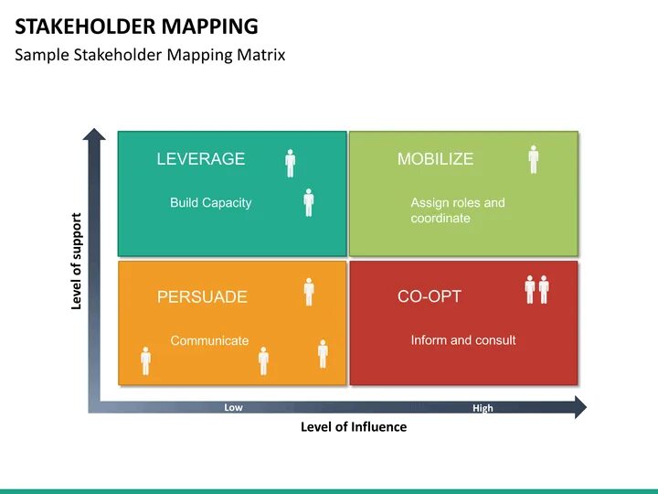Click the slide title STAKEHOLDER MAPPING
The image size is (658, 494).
coord(136,26)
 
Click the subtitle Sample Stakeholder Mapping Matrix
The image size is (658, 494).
coord(150,55)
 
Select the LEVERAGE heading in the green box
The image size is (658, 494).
coord(201,159)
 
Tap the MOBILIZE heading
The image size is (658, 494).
coord(435,159)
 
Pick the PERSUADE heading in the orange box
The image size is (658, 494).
coord(202,297)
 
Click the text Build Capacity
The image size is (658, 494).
coord(210,203)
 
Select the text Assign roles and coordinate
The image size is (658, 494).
coord(457,210)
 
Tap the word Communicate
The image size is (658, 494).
coord(209,341)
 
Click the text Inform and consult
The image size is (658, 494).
coord(463,340)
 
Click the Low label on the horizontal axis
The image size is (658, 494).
coord(233,408)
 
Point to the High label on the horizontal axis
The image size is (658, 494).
coord(483,409)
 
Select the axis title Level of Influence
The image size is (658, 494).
coord(354,427)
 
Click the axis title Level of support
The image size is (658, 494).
coord(77,262)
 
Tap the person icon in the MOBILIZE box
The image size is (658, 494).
coord(534,159)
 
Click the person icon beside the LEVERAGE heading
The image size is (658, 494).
coord(291,163)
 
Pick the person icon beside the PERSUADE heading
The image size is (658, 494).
coord(309,292)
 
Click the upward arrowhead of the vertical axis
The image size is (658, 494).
coord(94,135)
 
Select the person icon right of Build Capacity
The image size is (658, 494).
coord(309,202)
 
